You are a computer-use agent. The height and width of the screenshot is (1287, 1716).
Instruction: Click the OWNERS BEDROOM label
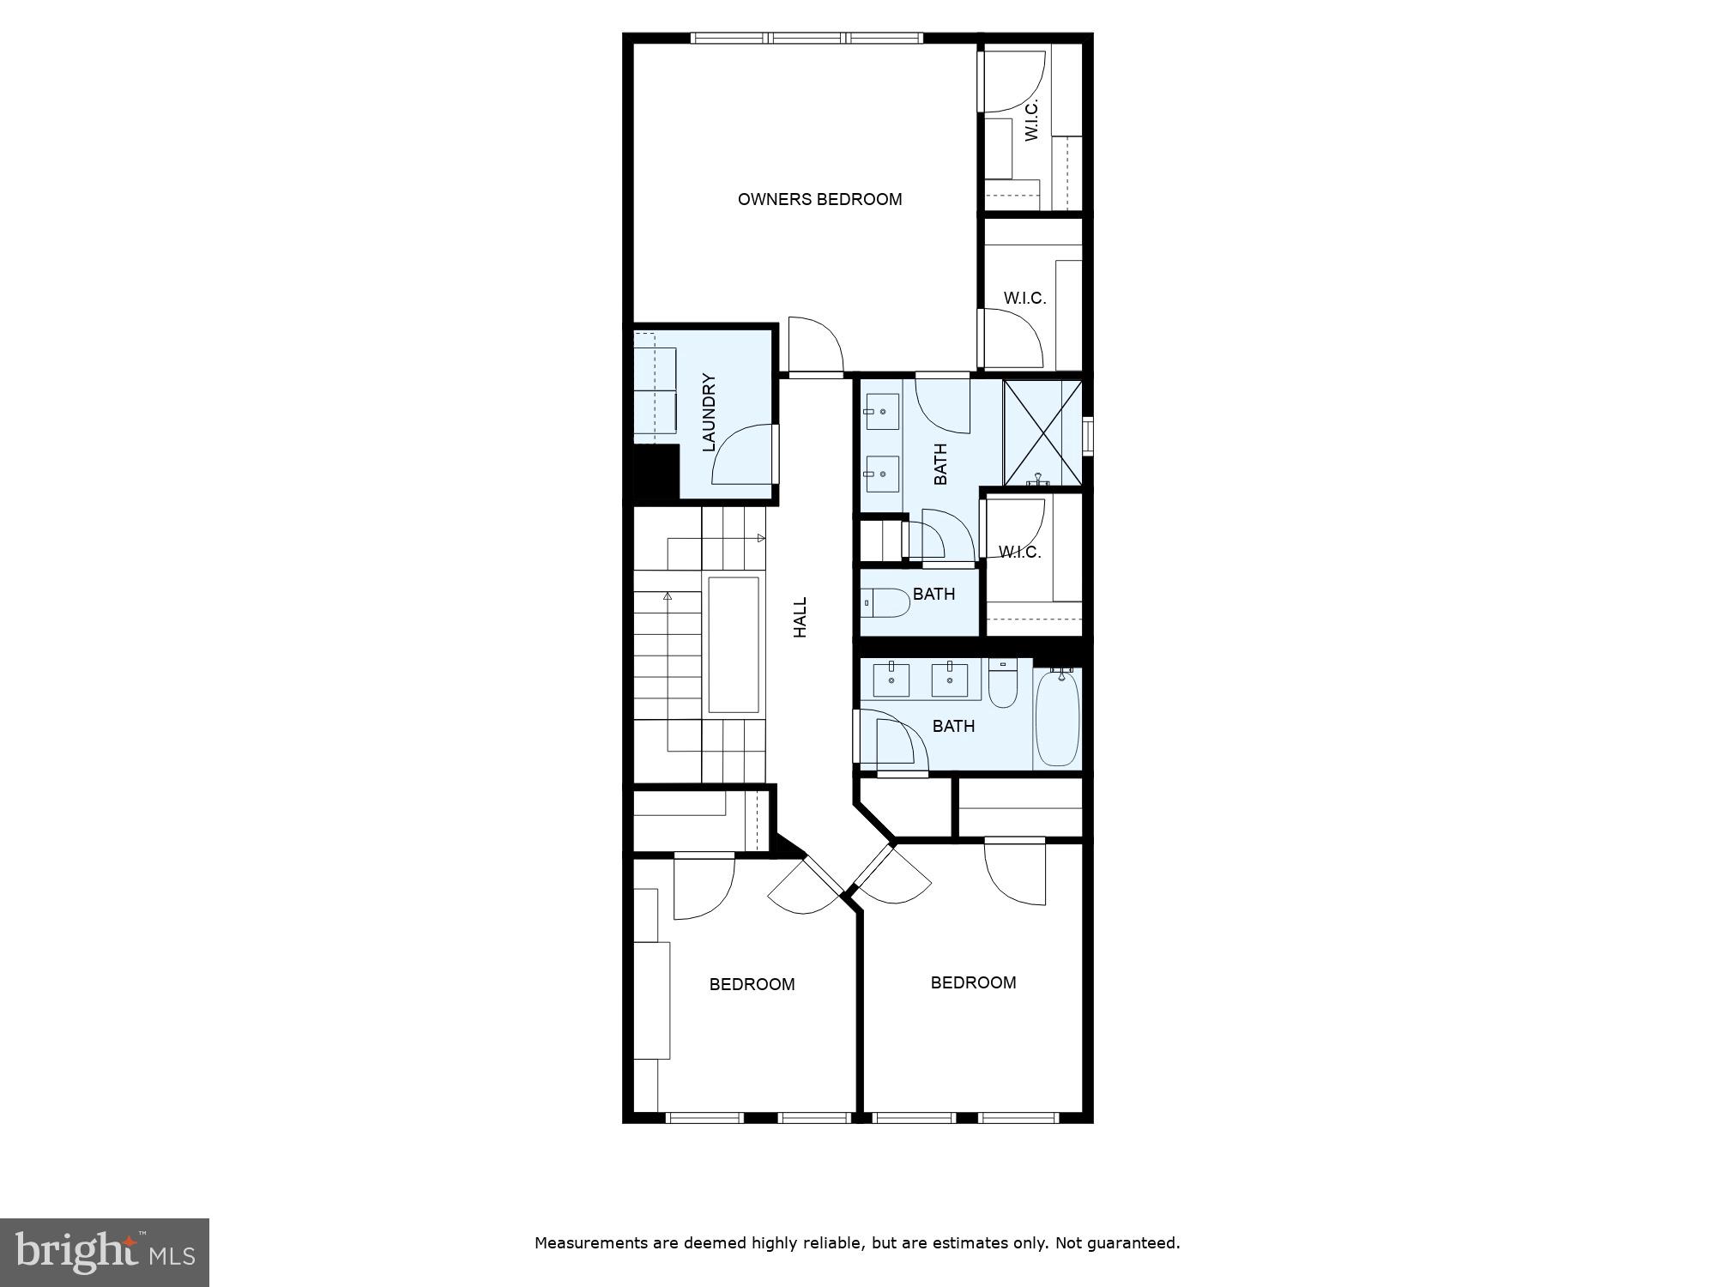tap(819, 199)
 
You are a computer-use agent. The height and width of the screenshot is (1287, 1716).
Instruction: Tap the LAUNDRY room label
tap(709, 412)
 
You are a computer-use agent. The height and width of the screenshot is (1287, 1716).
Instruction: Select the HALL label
tap(800, 617)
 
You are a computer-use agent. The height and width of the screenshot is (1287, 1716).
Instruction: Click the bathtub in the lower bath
tap(1057, 719)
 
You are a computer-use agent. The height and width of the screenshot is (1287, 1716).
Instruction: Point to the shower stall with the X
tap(1042, 432)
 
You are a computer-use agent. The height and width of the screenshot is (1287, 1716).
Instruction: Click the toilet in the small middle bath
tap(885, 603)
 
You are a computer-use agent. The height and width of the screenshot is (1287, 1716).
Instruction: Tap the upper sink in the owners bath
tap(882, 412)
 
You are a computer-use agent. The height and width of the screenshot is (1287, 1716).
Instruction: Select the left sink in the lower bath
tap(891, 680)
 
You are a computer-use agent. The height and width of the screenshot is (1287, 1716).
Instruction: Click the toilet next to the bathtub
tap(1002, 684)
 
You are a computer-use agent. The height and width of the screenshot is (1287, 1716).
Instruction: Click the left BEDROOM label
tap(752, 984)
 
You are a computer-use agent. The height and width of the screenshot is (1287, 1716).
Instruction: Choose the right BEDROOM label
tap(973, 982)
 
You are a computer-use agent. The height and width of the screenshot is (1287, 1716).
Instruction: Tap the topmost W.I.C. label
tap(1031, 119)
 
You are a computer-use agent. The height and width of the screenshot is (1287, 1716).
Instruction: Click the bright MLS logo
tap(104, 1252)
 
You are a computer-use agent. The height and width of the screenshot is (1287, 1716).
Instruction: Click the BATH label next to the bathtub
tap(953, 726)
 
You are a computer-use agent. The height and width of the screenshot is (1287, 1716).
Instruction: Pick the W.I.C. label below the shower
tap(1020, 552)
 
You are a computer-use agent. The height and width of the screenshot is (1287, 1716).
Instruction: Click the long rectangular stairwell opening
tap(734, 644)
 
